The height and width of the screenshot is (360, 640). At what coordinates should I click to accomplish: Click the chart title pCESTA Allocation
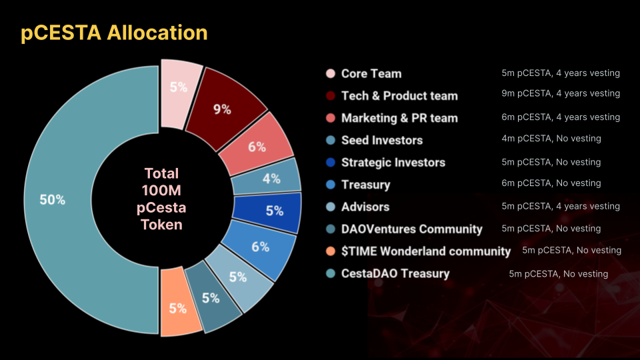114,33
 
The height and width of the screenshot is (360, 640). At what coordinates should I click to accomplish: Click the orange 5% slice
179,304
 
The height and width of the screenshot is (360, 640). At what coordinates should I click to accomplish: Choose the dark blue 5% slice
269,211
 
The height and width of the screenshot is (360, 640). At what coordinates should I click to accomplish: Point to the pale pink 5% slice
179,92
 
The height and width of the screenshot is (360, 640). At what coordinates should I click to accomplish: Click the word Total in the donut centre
161,173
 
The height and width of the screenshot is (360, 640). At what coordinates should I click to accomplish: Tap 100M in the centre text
161,191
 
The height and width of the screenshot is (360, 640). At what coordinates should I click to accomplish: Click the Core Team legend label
371,73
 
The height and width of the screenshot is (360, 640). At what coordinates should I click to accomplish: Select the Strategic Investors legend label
393,163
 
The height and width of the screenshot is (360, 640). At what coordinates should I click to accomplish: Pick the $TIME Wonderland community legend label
426,251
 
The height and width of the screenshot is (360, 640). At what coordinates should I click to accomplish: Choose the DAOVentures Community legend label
412,229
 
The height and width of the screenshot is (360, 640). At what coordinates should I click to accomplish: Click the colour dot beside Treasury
331,185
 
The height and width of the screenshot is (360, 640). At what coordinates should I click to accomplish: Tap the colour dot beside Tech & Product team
331,95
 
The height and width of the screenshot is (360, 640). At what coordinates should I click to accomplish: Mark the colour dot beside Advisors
331,207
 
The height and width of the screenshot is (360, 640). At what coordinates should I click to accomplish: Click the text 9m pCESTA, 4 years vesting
561,93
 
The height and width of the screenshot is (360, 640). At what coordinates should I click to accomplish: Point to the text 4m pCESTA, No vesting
551,139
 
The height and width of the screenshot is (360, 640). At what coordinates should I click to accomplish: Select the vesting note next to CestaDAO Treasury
559,274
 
